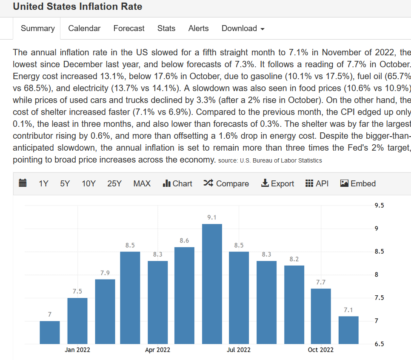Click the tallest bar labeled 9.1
point(212,284)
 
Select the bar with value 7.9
point(105,311)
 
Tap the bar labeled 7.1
point(348,330)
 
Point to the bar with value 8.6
point(184,295)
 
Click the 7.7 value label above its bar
point(321,282)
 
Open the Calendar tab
point(84,29)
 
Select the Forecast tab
point(129,29)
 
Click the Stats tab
point(166,29)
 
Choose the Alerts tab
point(198,29)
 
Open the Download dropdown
point(243,29)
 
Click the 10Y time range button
point(88,183)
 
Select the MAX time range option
point(142,183)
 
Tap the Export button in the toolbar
point(277,183)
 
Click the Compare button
point(226,183)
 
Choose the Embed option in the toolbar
point(358,183)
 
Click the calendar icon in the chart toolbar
point(23,183)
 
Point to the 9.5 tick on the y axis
point(379,206)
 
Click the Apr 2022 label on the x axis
point(157,350)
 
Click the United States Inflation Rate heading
point(77,7)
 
